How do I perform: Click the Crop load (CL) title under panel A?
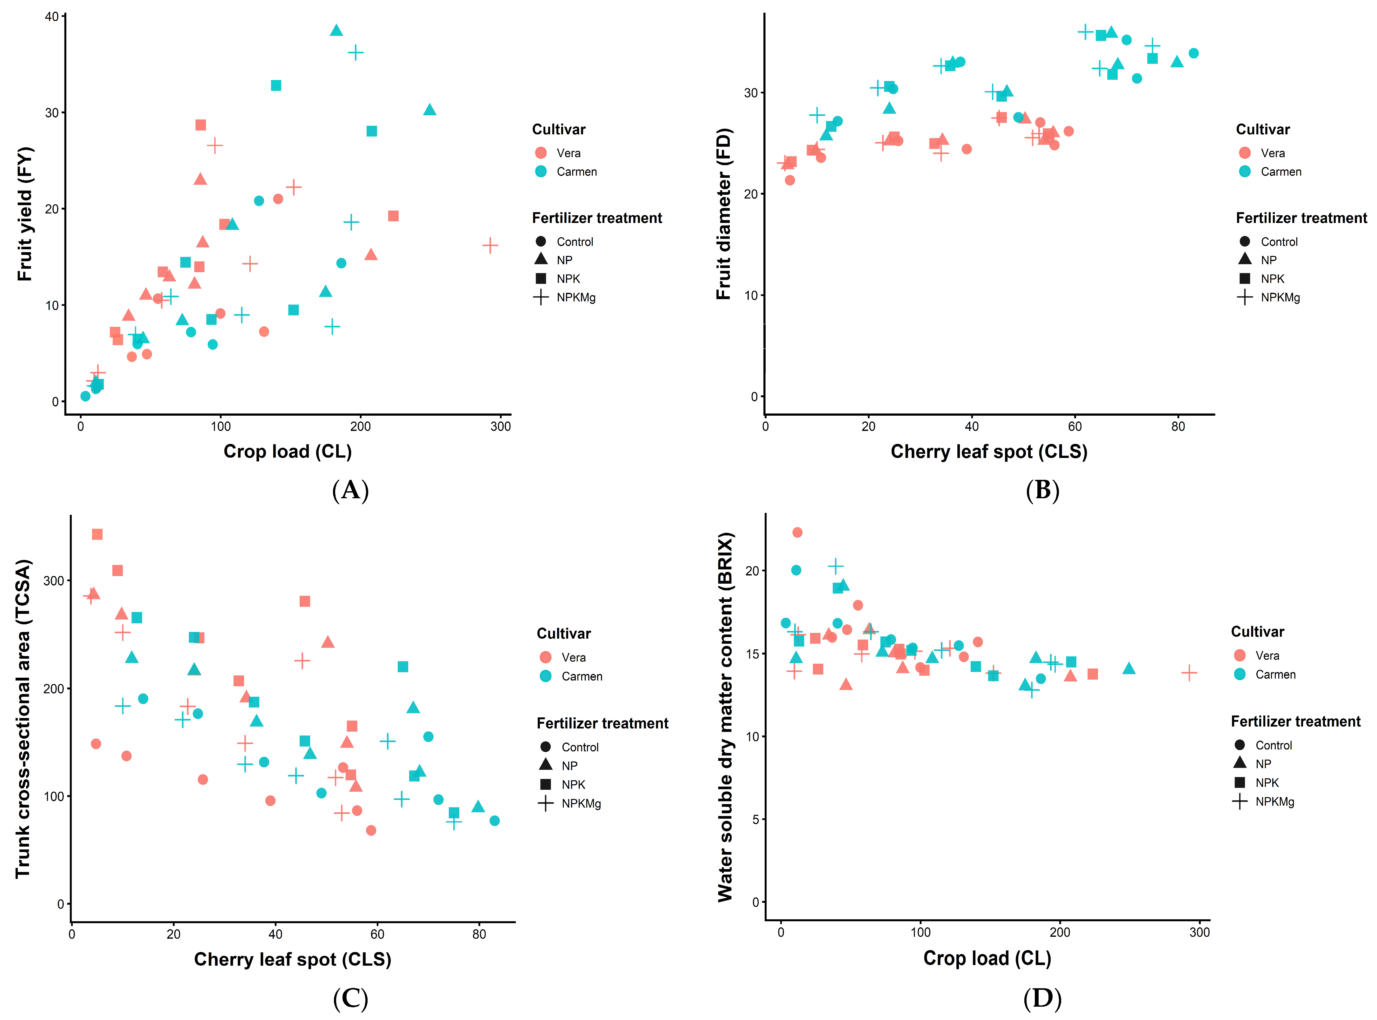tap(288, 451)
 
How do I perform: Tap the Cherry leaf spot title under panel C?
tap(293, 959)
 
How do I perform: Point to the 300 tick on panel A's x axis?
tap(501, 426)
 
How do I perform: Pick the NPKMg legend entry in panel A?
tap(565, 297)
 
